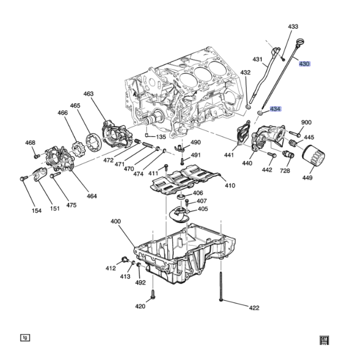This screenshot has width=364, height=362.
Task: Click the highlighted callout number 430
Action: point(304,64)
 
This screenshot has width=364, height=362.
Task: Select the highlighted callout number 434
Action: point(275,109)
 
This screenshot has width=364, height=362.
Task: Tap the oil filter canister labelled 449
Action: point(313,156)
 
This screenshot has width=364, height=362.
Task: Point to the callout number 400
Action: point(116,221)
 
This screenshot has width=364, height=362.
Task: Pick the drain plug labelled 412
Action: point(124,259)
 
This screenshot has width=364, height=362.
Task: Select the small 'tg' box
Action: point(25,338)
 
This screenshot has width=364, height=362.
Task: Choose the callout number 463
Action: point(88,94)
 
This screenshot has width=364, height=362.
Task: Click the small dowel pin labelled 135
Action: point(147,135)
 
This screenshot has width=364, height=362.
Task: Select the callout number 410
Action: point(230,185)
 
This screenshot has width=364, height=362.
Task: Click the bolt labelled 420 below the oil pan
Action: point(153,294)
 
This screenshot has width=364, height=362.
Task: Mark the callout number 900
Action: point(306,122)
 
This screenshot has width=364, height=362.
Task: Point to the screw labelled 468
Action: point(36,156)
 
